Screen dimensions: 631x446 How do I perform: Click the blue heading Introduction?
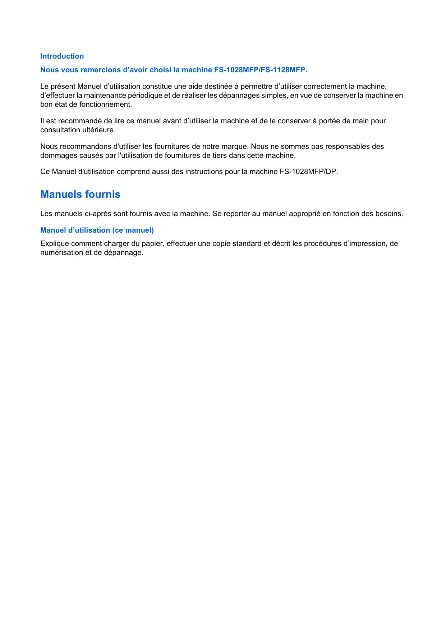(x=62, y=56)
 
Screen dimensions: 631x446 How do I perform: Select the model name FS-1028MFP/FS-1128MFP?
(x=261, y=70)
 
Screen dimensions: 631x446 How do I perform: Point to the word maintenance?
(x=105, y=95)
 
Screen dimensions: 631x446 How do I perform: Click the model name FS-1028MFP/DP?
(x=308, y=172)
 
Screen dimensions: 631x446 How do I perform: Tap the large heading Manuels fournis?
(x=80, y=194)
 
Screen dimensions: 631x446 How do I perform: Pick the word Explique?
(x=55, y=243)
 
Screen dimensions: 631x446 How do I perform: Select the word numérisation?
(x=61, y=252)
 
